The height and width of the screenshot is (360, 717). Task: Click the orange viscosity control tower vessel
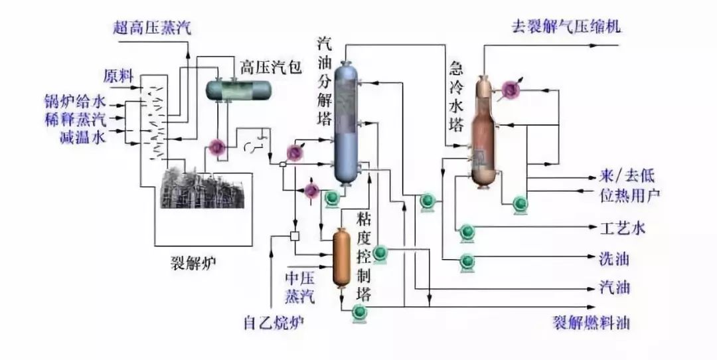[342, 256]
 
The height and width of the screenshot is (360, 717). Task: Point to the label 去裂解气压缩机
[566, 27]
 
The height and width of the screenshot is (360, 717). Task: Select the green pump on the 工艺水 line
[467, 230]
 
